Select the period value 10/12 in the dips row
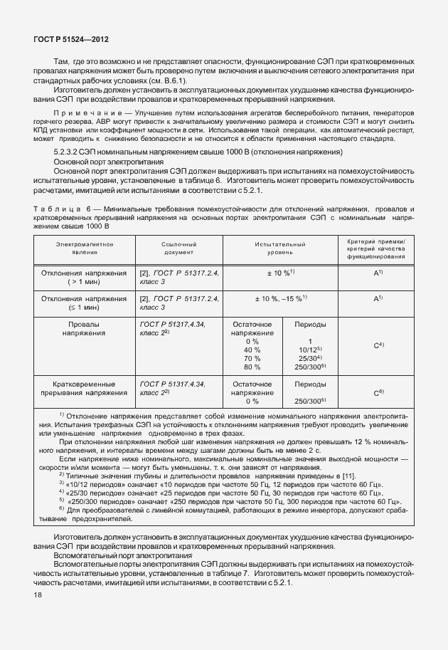coord(310,350)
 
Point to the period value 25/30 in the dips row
coord(310,359)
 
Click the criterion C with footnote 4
coord(379,345)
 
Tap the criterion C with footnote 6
coord(379,392)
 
